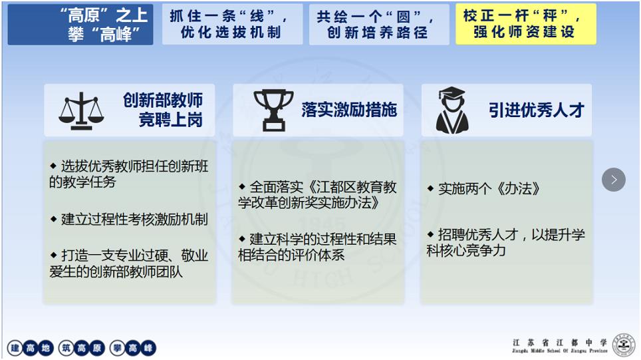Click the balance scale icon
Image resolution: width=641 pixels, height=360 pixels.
point(81,111)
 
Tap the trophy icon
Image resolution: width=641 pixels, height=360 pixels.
point(273,110)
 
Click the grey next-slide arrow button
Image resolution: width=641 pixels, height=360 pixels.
point(614,180)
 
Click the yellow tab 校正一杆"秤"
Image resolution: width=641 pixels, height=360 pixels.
point(526,24)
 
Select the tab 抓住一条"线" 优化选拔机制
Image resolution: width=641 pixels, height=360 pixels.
point(232,24)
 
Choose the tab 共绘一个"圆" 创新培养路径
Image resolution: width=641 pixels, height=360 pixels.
point(379,24)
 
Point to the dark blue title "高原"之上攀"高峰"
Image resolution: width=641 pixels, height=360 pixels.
point(80,25)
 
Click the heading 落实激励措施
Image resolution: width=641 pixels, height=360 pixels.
point(349,110)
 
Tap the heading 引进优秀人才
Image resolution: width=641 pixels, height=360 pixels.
point(537,110)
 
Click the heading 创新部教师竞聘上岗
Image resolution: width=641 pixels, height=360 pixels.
point(163,110)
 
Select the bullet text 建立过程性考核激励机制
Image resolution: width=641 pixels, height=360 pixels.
point(129,220)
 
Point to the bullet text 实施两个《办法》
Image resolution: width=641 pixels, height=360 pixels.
point(483,188)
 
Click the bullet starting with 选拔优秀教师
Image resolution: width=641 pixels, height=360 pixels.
point(129,174)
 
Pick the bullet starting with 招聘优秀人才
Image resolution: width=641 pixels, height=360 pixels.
point(506,242)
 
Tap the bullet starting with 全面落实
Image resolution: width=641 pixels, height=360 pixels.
point(317,195)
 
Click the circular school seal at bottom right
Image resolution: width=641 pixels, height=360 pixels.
point(624,345)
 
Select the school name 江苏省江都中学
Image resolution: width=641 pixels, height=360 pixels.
point(560,343)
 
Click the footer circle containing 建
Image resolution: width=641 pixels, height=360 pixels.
point(15,348)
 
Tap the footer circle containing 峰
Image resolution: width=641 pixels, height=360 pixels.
point(148,348)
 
